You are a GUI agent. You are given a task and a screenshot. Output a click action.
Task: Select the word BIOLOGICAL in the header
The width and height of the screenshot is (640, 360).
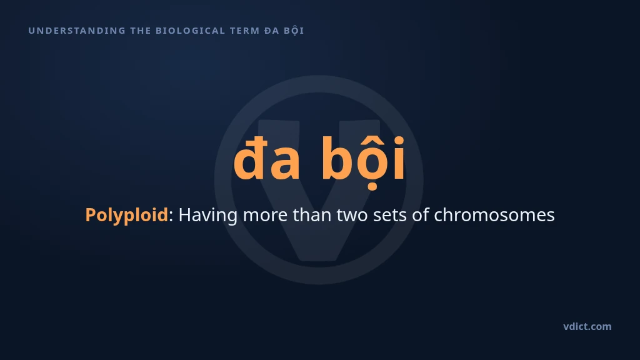pyautogui.click(x=191, y=31)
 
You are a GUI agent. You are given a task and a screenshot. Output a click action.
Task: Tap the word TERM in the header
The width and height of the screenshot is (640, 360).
pyautogui.click(x=245, y=31)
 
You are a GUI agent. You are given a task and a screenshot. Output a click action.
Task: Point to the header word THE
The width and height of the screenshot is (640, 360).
pyautogui.click(x=141, y=31)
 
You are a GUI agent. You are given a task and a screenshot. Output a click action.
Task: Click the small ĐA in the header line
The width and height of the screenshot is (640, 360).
pyautogui.click(x=271, y=31)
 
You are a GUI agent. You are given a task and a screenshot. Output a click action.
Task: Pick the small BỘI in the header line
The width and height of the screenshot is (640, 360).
pyautogui.click(x=294, y=31)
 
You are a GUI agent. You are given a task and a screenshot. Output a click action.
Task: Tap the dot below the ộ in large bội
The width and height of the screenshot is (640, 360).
pyautogui.click(x=372, y=187)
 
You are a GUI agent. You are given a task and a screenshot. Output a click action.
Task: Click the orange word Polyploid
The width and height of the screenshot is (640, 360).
pyautogui.click(x=126, y=215)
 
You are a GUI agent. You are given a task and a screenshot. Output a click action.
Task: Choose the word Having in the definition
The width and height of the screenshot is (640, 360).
pyautogui.click(x=207, y=215)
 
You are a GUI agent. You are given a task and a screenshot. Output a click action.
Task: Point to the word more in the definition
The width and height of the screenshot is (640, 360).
pyautogui.click(x=265, y=216)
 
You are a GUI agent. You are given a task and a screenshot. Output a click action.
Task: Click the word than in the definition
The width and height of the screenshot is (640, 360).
pyautogui.click(x=312, y=215)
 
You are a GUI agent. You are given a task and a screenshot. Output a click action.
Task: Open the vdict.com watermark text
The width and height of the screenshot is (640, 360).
pyautogui.click(x=587, y=326)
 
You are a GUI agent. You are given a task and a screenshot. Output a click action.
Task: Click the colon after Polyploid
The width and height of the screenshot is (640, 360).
pyautogui.click(x=171, y=216)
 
